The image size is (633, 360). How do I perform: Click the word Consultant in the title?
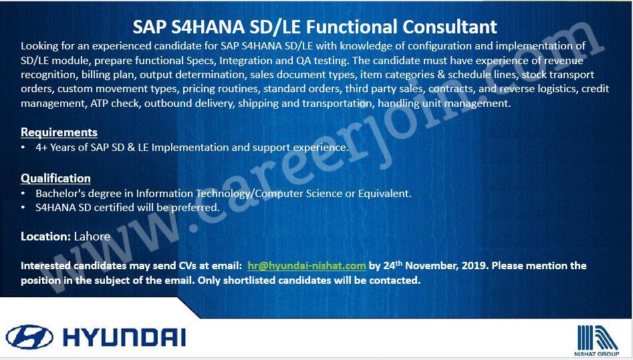[x=450, y=27]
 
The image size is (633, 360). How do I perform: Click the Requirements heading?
[x=59, y=132]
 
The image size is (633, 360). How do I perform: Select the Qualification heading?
[x=55, y=178]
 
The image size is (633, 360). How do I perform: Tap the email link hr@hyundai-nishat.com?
[x=307, y=266]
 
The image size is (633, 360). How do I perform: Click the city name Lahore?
[x=92, y=236]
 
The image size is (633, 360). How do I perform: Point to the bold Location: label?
[x=46, y=236]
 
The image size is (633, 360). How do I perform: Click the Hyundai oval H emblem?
[x=29, y=337]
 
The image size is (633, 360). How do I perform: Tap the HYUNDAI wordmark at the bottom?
[x=124, y=337]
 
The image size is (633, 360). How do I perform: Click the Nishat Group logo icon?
[x=597, y=337]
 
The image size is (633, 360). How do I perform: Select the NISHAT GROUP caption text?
[x=597, y=354]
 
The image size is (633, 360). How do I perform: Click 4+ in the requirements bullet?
[x=41, y=148]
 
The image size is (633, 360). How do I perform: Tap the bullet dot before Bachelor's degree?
[x=23, y=194]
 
